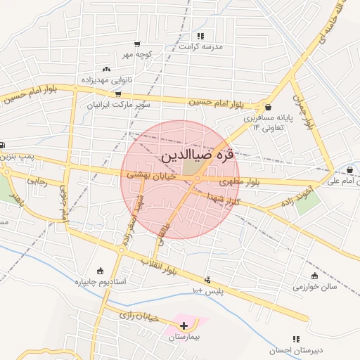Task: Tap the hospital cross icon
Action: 184,325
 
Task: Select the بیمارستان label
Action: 184,337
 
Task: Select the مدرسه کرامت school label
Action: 201,46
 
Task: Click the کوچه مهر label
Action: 136,53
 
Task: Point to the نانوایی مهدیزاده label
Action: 107,80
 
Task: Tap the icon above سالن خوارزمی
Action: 314,276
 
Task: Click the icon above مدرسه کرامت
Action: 201,35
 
